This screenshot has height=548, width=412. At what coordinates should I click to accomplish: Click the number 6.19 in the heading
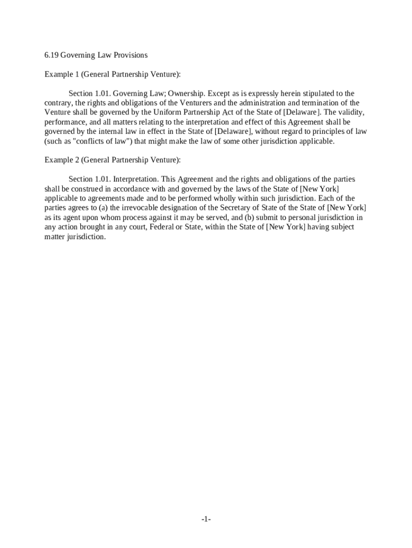[51, 55]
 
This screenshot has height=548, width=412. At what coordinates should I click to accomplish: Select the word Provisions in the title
[130, 55]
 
